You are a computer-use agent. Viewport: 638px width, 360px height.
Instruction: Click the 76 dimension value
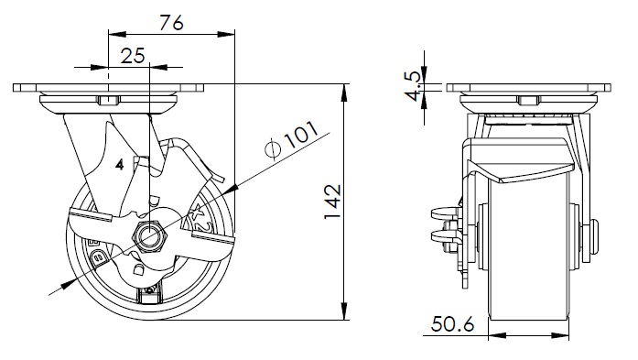[171, 23]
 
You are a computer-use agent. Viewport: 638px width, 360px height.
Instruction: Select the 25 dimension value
[133, 55]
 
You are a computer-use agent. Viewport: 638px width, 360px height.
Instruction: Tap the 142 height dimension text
[332, 202]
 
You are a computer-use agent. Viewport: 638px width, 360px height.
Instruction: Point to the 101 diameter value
[301, 135]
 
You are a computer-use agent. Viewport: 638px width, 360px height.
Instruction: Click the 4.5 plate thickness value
[415, 86]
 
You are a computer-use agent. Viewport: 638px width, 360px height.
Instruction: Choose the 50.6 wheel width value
[453, 324]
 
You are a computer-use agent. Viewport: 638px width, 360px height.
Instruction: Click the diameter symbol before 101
[273, 148]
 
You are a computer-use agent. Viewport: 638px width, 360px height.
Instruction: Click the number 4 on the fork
[120, 165]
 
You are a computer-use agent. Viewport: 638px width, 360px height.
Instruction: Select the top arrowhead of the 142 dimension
[345, 93]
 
